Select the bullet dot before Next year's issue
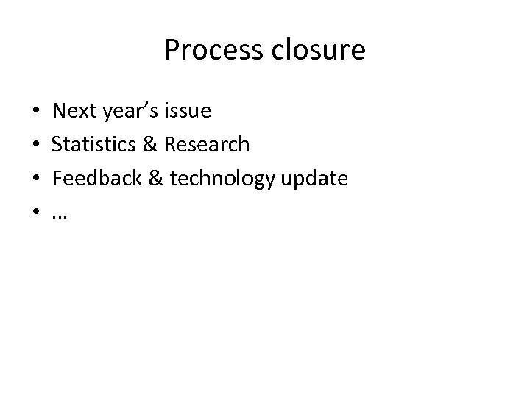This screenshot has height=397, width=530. [x=37, y=112]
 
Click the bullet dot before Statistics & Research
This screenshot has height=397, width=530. [x=37, y=145]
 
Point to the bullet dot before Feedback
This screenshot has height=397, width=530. [x=37, y=179]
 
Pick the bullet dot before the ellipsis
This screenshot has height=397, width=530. [x=37, y=212]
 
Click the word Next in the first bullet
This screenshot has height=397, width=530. [x=72, y=111]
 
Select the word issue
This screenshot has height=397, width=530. [x=188, y=111]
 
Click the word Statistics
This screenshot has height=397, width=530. [x=92, y=144]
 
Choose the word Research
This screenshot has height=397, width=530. [x=207, y=144]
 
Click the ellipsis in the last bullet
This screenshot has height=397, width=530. [x=59, y=216]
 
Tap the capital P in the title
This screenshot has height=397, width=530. [x=172, y=50]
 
